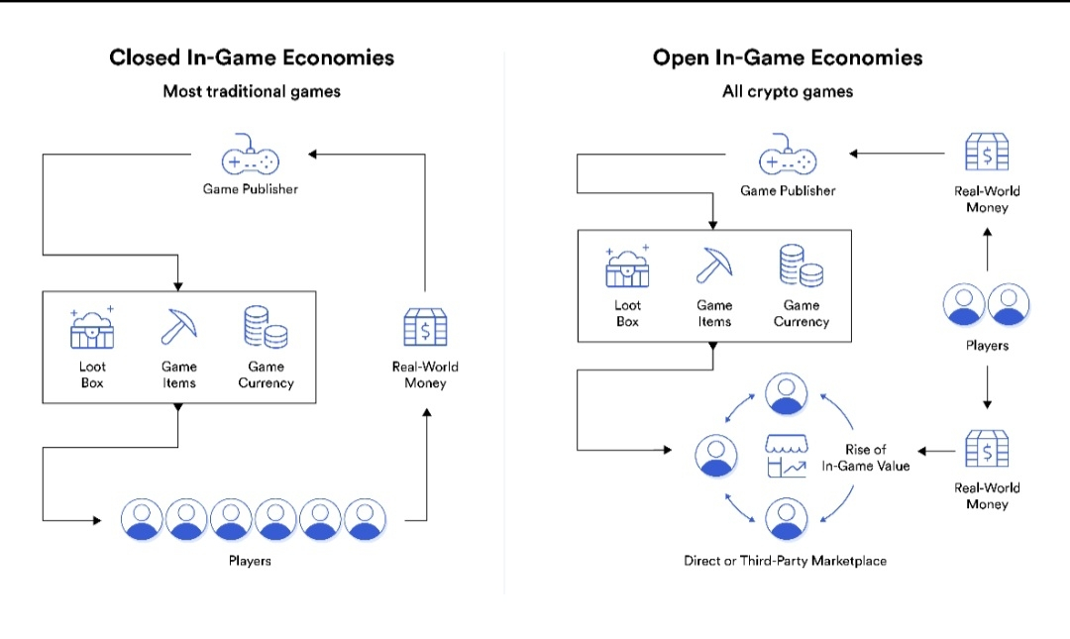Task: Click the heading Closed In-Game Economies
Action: coord(252,57)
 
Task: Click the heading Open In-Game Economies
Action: coord(788,57)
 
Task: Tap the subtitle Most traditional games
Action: coord(252,91)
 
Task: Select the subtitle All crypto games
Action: coord(788,91)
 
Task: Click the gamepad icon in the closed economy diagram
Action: coord(250,160)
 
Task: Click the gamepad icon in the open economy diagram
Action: coord(788,160)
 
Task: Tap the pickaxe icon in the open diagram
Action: coord(714,265)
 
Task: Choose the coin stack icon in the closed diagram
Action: coord(266,328)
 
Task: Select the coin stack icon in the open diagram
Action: coord(801,265)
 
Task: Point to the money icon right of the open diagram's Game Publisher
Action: coord(987,153)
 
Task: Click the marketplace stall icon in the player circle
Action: coord(786,456)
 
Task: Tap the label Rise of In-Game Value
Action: coord(865,458)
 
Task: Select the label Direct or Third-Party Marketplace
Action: coord(785,561)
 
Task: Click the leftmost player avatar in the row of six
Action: coord(142,518)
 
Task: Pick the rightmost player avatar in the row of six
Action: coord(365,518)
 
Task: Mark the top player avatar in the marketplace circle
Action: coord(787,394)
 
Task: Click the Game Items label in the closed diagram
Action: coord(179,374)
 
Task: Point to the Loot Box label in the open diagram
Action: coord(627,313)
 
